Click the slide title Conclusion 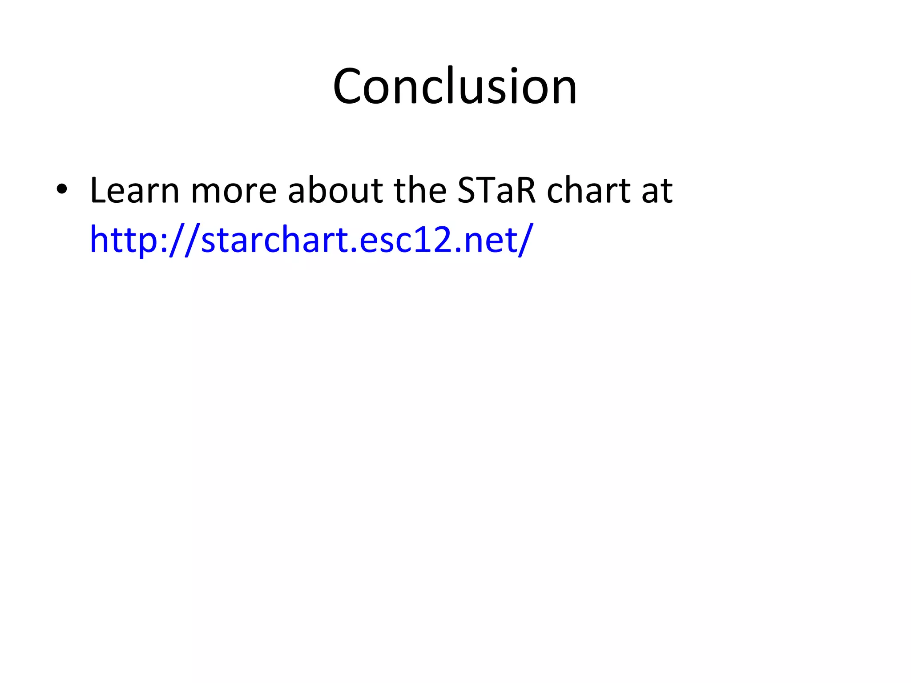click(x=455, y=87)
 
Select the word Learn click(x=134, y=191)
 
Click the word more click(x=234, y=192)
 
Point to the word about click(x=335, y=191)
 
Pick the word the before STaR click(x=420, y=191)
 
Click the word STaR click(x=496, y=191)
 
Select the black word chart click(x=588, y=191)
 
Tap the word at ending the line click(x=657, y=192)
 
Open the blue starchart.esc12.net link click(x=311, y=240)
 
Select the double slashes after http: click(x=182, y=240)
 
